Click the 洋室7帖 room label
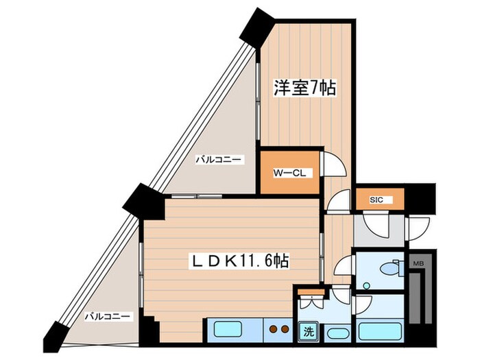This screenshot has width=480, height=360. point(306,88)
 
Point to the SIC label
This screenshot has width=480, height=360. point(376,200)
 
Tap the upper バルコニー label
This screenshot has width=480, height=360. point(217,160)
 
